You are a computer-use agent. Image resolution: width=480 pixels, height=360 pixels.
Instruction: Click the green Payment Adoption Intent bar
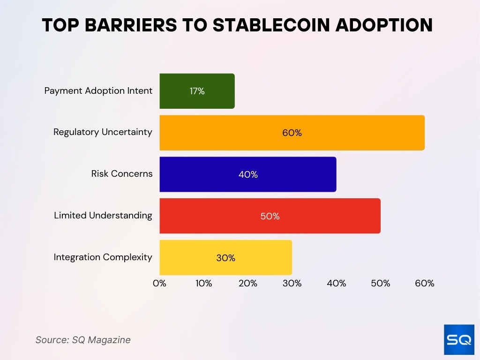pos(197,91)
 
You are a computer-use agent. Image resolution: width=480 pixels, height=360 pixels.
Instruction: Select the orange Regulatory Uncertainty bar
pos(292,133)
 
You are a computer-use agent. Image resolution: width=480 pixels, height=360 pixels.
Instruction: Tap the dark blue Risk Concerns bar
pos(247,174)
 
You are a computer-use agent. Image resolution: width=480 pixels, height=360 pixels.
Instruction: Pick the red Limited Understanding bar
pos(270,216)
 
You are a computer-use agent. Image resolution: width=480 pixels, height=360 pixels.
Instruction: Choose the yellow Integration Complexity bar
pos(225,258)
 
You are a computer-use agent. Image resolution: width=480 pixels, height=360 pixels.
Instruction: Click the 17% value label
pos(197,91)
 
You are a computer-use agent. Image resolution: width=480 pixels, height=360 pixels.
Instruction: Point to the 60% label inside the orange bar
pos(292,133)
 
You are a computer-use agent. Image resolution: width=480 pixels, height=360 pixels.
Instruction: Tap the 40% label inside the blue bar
pos(247,174)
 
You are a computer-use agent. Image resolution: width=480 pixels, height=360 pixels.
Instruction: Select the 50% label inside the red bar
pos(270,216)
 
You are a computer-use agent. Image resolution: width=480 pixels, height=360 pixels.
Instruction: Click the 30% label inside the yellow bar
pos(225,258)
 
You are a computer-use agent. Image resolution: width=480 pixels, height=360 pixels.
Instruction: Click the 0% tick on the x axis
pos(160,283)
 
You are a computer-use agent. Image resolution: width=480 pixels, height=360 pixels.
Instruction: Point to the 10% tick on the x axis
pos(203,283)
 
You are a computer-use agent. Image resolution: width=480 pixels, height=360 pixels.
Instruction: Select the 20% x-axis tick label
pos(247,283)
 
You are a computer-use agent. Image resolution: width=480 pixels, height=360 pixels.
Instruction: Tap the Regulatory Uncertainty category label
pos(103,132)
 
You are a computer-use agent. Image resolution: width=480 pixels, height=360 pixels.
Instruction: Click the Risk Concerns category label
pos(122,173)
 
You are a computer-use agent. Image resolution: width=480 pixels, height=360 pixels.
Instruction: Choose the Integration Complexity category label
pos(103,257)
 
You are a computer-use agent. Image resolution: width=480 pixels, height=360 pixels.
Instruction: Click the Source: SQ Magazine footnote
pos(83,340)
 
